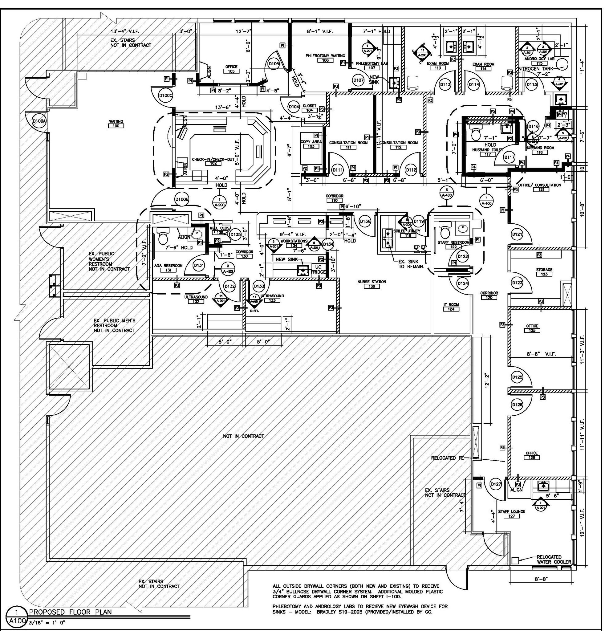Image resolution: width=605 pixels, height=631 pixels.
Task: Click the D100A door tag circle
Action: click(39, 121)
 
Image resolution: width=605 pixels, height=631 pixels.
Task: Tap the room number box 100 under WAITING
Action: click(116, 126)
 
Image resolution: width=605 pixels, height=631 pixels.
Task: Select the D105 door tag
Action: click(274, 64)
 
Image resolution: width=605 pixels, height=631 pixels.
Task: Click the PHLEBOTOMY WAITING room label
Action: click(325, 56)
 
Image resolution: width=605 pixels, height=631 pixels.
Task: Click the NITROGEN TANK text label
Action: click(535, 69)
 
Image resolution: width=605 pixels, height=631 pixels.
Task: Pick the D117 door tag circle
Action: click(510, 157)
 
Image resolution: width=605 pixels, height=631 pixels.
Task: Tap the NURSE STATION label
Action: click(372, 282)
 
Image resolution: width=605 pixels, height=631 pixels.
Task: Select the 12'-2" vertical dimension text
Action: click(487, 380)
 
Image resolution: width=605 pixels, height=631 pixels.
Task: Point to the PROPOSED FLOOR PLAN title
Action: click(71, 612)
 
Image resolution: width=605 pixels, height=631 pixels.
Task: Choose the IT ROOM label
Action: click(451, 304)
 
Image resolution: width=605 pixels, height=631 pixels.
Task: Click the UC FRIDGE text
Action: click(318, 269)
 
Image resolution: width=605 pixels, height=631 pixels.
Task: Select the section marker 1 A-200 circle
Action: click(219, 202)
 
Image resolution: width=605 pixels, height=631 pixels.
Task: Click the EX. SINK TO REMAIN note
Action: click(411, 264)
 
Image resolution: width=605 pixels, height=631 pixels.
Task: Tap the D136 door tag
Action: click(365, 221)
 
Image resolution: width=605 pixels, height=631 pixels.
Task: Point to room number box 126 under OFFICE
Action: click(532, 457)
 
